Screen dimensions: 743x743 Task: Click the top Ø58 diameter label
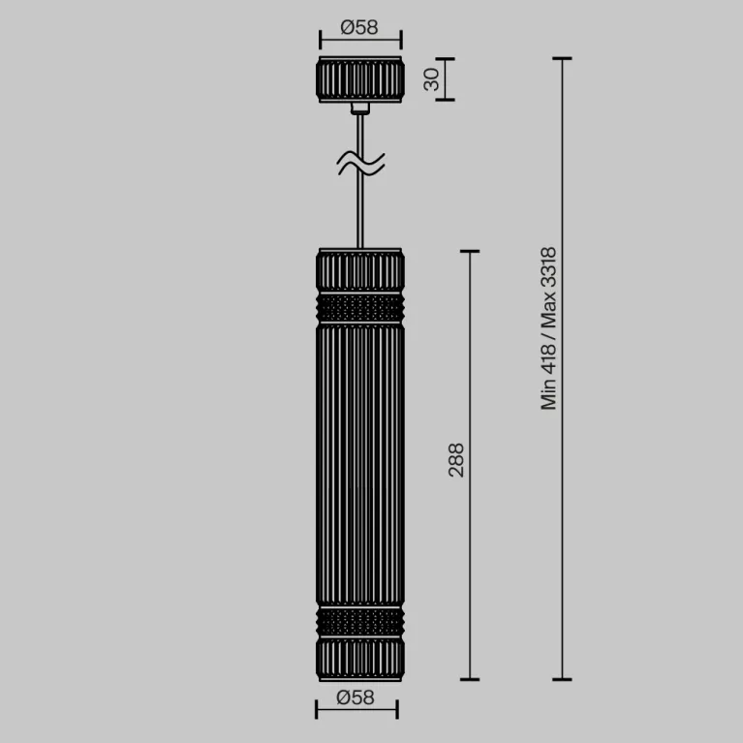point(359,27)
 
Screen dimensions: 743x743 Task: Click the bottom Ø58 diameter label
point(356,697)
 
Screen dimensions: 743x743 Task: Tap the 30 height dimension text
point(433,78)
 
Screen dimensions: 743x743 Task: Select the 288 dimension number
point(456,459)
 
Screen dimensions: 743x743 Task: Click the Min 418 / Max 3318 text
point(549,329)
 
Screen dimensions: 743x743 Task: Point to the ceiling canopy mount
point(359,79)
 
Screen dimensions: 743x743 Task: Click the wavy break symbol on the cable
point(360,164)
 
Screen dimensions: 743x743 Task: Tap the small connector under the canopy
point(360,108)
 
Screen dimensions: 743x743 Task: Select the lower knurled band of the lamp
point(359,621)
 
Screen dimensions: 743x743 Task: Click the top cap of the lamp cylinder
point(359,268)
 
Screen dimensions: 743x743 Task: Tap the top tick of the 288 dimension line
point(470,252)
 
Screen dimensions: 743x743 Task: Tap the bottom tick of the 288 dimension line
point(470,679)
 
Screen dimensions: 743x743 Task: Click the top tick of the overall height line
point(562,59)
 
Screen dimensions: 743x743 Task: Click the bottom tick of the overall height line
point(562,679)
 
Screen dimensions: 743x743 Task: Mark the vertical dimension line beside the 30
point(449,78)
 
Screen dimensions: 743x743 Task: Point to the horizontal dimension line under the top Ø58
point(359,42)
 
